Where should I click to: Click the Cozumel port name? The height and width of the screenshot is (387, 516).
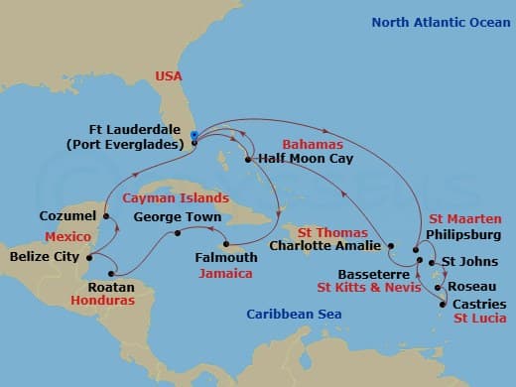(68, 215)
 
